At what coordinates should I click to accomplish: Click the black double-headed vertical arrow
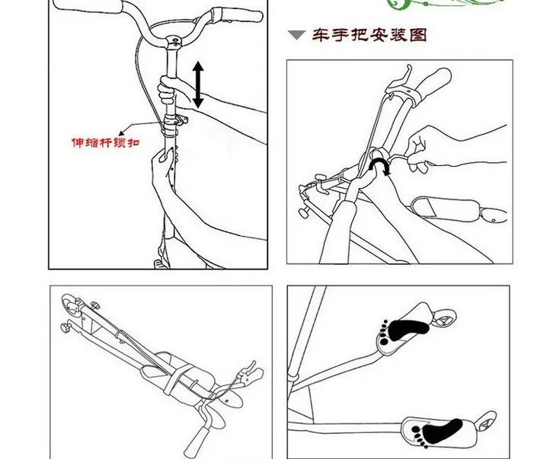(x=198, y=84)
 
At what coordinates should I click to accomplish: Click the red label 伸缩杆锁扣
(x=106, y=143)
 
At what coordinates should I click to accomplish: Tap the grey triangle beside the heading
(x=296, y=35)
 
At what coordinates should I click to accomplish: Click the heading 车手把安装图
(x=369, y=35)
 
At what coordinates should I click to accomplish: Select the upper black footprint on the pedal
(x=403, y=330)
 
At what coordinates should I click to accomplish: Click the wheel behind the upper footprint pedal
(x=444, y=317)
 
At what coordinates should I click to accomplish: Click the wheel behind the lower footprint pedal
(x=486, y=421)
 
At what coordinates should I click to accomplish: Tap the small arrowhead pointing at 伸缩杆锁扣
(x=121, y=133)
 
